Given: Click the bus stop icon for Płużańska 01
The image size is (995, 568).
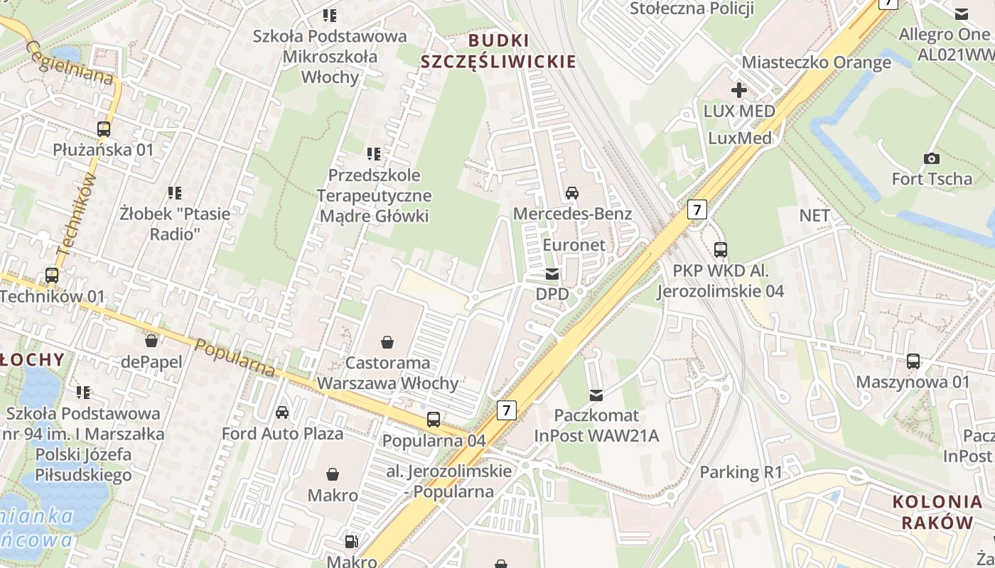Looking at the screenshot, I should point(104,129).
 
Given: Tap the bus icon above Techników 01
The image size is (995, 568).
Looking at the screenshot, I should point(52,275).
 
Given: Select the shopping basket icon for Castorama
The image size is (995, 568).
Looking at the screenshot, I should point(387,343).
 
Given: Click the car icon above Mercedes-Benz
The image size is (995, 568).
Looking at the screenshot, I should point(572,192).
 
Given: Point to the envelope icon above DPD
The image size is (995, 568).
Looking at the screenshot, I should point(552,274).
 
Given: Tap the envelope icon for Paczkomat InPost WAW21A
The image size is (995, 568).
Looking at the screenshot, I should point(596,395).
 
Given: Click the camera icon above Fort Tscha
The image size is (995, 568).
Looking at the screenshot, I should point(931,158).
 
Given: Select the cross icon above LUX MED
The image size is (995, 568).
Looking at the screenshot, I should point(739,90).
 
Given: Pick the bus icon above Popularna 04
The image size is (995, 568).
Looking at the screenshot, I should point(434,420).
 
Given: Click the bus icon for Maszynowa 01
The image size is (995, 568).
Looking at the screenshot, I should point(913,361).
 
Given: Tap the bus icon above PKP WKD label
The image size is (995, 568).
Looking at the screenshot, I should point(721,250).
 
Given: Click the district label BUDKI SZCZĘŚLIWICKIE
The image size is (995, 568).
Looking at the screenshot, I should point(498,50).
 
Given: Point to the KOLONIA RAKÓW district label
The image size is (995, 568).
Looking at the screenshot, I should point(937,512).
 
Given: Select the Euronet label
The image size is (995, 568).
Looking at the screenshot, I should point(574,245).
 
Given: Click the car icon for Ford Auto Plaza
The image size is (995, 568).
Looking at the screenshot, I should point(282,413).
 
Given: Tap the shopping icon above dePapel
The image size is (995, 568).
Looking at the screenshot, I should point(151,342).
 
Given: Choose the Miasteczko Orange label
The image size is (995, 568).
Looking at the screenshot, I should point(816,62).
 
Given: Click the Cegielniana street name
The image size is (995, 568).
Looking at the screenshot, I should point(70,62).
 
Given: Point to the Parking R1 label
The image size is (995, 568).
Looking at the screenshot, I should point(741,472).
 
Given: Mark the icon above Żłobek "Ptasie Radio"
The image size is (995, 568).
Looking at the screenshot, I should point(175,192).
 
